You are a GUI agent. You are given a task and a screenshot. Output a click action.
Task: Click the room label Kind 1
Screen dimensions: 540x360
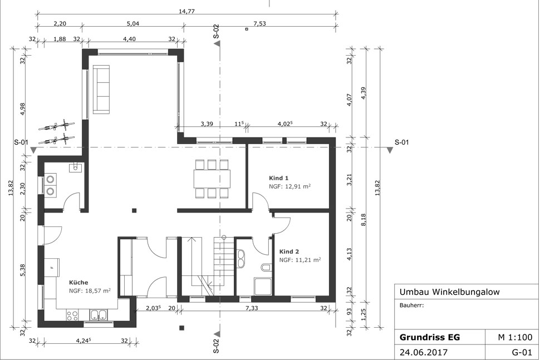tap(278, 178)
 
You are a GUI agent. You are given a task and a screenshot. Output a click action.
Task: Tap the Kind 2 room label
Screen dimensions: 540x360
tap(289, 251)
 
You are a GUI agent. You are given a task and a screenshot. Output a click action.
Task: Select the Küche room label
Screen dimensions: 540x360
tap(78, 282)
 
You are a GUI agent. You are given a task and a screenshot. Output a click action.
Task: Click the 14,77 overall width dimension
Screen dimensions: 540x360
tap(186, 11)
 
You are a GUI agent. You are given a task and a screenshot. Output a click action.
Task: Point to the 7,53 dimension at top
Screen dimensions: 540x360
tap(259, 23)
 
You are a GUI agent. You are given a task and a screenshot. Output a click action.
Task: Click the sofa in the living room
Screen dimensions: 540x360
tap(101, 89)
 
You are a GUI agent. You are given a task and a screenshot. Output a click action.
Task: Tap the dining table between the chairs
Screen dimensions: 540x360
tap(212, 178)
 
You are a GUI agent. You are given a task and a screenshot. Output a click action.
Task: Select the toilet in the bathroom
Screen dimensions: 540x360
tap(266, 268)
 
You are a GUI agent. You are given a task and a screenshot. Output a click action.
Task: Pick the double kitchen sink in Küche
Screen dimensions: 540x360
tap(99, 314)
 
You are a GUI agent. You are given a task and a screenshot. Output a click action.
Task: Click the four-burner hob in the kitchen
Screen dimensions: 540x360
tap(72, 315)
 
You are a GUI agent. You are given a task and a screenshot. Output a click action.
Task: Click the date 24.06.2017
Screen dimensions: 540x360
tap(424, 352)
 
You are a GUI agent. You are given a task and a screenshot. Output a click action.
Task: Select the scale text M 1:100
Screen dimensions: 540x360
tap(515, 337)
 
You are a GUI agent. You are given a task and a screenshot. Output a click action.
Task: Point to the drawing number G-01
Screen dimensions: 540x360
tap(522, 352)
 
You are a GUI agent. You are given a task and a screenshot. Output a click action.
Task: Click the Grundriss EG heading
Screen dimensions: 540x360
tap(429, 337)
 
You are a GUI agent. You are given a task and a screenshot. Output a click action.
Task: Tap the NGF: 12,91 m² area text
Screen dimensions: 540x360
tap(289, 186)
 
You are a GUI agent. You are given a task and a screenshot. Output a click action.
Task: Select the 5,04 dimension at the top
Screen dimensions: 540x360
tap(133, 23)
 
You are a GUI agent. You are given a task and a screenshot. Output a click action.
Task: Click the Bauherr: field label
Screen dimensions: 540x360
tap(411, 305)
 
